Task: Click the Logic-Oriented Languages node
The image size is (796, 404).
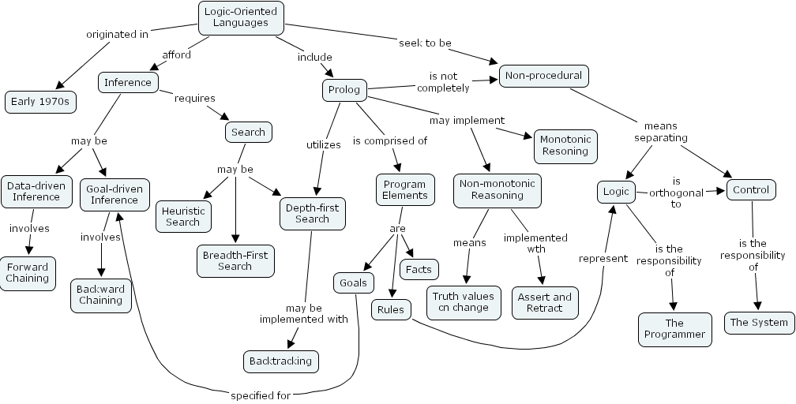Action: click(x=241, y=17)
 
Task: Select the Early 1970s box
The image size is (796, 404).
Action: click(x=39, y=101)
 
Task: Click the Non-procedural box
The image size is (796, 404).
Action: click(x=543, y=76)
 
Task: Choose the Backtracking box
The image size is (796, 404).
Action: click(x=280, y=361)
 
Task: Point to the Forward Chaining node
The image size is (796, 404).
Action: click(x=28, y=272)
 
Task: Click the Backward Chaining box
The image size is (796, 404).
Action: click(x=100, y=294)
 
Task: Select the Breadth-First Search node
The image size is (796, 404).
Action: click(x=235, y=260)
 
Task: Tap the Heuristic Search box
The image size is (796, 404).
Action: click(x=183, y=216)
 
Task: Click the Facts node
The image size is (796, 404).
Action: click(x=419, y=269)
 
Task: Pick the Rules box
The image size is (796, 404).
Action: click(x=390, y=309)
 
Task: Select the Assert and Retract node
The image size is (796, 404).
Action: click(x=544, y=302)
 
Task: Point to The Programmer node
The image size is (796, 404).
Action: click(x=674, y=328)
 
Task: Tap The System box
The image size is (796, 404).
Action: click(x=758, y=322)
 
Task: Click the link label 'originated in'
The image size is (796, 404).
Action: click(x=117, y=34)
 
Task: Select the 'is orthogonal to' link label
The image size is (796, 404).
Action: click(x=675, y=192)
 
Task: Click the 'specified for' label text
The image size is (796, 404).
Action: click(x=261, y=395)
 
